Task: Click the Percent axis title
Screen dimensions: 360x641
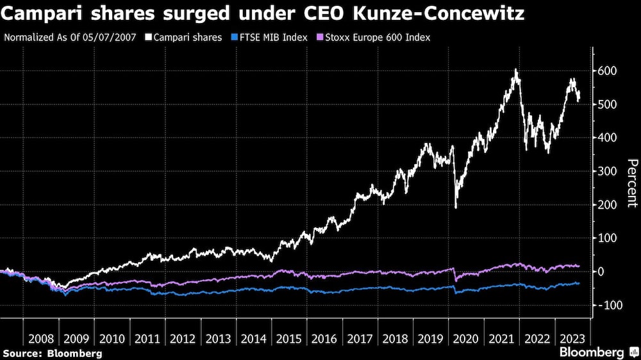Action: (631, 183)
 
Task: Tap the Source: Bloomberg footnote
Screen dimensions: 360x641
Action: (53, 353)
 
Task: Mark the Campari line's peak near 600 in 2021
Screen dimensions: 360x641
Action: (515, 70)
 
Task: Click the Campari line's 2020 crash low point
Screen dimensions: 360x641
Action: (456, 207)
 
